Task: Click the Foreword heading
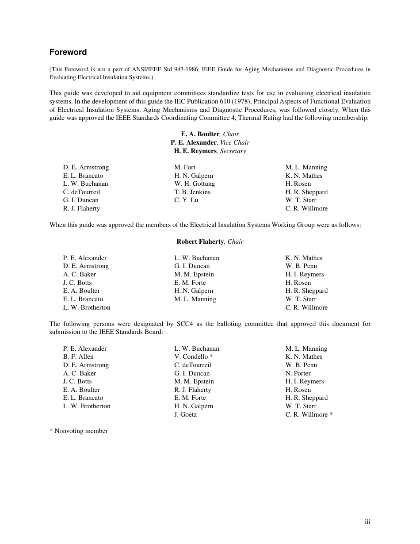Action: (x=68, y=52)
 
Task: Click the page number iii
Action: (x=367, y=522)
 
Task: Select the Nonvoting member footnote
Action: (x=79, y=431)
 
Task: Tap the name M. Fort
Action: (x=185, y=167)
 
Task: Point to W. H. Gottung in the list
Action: (x=195, y=184)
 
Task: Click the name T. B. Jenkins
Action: (x=192, y=192)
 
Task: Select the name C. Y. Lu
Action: (x=186, y=200)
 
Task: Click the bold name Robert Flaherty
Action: (x=200, y=241)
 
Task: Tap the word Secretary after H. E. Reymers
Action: (x=233, y=151)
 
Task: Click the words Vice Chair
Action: (x=235, y=142)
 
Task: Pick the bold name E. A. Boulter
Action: (x=200, y=134)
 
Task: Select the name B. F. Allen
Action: (x=78, y=356)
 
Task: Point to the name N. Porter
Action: (x=298, y=373)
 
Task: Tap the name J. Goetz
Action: (x=186, y=414)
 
